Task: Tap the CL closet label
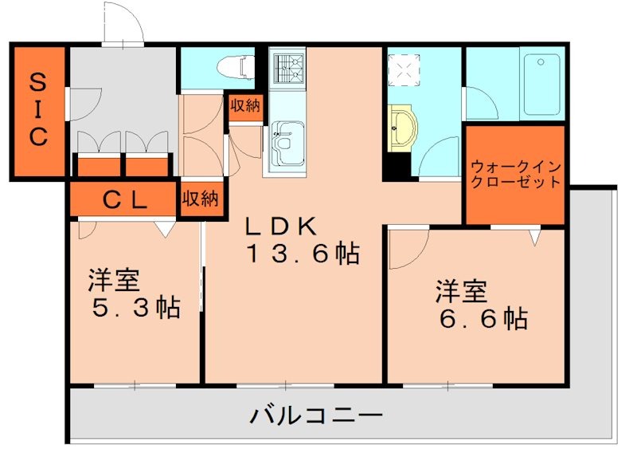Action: [123, 200]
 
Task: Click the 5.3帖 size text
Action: [133, 307]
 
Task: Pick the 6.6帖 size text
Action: [480, 318]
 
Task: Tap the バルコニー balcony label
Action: [317, 416]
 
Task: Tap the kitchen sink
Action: [286, 140]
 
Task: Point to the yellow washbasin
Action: [403, 128]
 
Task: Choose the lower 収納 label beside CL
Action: [199, 199]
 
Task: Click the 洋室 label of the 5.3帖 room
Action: [114, 281]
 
